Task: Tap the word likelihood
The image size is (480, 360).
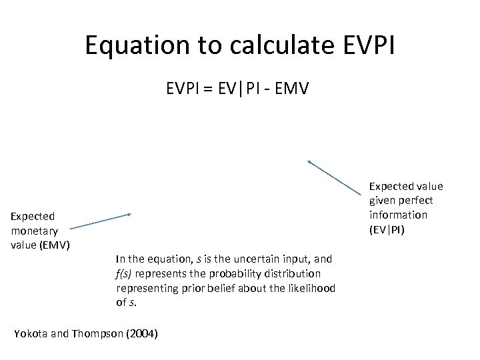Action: [x=312, y=287]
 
